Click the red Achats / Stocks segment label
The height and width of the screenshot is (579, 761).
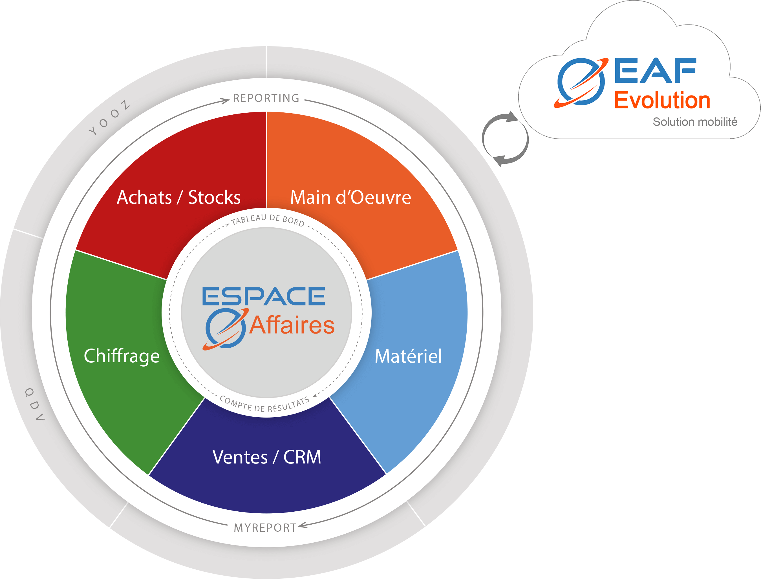178,198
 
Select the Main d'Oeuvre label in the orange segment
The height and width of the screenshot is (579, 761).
350,198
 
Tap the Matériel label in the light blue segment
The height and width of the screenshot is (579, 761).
408,356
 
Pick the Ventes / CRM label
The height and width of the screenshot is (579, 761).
266,457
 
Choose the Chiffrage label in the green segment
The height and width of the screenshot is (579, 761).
122,356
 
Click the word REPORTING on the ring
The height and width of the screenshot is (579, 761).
266,98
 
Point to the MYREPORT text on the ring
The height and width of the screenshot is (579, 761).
265,528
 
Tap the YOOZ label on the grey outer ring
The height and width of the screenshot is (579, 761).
110,118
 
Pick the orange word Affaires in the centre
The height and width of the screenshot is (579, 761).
292,325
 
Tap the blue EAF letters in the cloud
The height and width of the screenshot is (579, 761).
655,71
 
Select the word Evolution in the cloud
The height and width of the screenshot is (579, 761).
662,100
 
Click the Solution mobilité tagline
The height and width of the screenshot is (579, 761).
695,122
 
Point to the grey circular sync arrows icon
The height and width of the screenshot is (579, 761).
505,139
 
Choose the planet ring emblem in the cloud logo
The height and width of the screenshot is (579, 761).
581,82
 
